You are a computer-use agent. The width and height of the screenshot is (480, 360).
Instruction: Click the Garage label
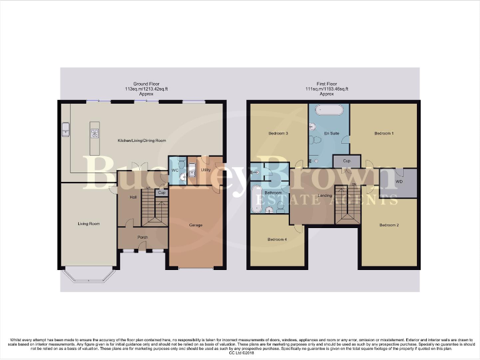pyautogui.click(x=195, y=224)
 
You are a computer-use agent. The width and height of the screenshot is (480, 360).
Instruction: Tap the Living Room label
pyautogui.click(x=88, y=224)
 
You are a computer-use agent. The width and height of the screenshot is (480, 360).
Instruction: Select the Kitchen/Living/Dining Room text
pyautogui.click(x=142, y=141)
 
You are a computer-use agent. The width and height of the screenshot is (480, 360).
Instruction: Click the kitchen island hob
pyautogui.click(x=95, y=132)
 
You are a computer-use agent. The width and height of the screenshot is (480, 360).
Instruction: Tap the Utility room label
pyautogui.click(x=205, y=169)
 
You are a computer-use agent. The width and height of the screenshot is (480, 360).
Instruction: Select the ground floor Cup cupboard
pyautogui.click(x=162, y=192)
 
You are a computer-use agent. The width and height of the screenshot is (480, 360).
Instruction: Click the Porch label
pyautogui.click(x=142, y=237)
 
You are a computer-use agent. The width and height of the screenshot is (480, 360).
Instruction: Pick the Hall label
pyautogui.click(x=132, y=197)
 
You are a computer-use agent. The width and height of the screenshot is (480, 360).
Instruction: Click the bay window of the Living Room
pyautogui.click(x=87, y=275)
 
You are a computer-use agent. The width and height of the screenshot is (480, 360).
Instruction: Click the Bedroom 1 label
pyautogui.click(x=383, y=134)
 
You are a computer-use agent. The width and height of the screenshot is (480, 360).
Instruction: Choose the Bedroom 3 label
pyautogui.click(x=278, y=134)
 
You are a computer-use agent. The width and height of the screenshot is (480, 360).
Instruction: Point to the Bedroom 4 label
pyautogui.click(x=277, y=239)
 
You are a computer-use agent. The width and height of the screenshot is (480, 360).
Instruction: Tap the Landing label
pyautogui.click(x=325, y=196)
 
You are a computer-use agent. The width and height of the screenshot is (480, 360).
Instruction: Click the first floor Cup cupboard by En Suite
pyautogui.click(x=346, y=161)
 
